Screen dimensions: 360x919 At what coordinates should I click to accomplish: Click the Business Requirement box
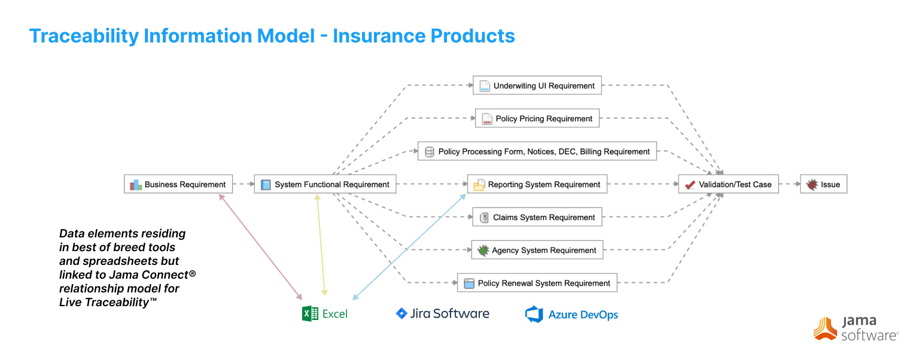pos(178,184)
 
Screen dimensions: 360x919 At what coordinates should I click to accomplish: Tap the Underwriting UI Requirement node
pos(537,86)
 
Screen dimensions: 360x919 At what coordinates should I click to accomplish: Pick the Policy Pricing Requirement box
pos(537,118)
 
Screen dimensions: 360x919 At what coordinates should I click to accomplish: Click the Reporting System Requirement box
pos(537,184)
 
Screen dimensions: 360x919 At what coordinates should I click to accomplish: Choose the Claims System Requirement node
pos(537,217)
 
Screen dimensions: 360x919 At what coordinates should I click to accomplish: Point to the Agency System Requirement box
pos(537,250)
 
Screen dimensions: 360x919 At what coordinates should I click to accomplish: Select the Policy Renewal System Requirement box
pos(537,283)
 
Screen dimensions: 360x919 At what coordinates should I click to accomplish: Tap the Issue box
pos(823,184)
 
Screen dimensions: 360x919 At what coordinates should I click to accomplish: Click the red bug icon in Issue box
pos(812,184)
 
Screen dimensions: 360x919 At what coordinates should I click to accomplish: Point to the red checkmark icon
pos(690,185)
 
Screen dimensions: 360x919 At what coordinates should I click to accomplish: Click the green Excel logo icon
pos(310,313)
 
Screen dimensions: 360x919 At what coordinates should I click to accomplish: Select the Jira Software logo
pos(443,313)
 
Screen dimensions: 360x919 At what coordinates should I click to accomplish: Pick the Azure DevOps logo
pos(571,315)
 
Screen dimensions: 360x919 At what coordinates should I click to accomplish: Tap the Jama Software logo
pos(856,328)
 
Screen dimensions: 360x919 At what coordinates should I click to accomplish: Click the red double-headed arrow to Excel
pos(261,248)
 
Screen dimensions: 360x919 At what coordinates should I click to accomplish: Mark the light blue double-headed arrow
pos(410,246)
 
